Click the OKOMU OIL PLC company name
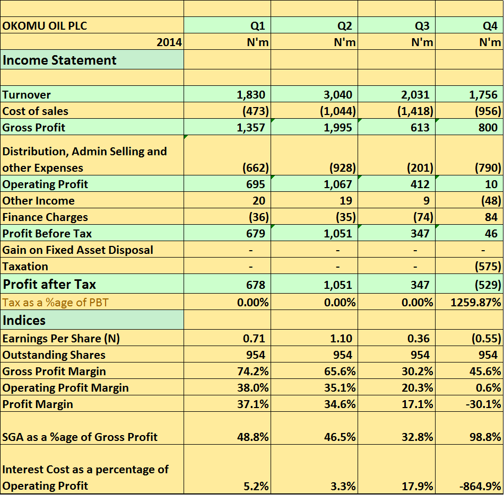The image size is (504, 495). click(45, 25)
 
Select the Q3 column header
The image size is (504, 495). click(422, 25)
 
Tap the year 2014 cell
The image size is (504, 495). click(169, 42)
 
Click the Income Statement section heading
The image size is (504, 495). click(59, 60)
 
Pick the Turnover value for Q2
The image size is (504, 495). click(338, 95)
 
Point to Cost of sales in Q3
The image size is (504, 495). click(415, 111)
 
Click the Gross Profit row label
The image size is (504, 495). click(34, 127)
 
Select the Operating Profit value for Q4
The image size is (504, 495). click(491, 184)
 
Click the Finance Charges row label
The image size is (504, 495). click(45, 217)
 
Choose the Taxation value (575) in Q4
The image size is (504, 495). click(488, 267)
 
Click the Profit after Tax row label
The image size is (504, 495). click(49, 285)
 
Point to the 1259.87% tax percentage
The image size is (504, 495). click(476, 303)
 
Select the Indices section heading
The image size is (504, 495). click(24, 320)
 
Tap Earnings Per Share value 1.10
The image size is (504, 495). click(341, 338)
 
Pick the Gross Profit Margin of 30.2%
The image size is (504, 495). click(417, 372)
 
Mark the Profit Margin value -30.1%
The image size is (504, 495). click(483, 404)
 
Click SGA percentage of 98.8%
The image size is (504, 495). click(485, 437)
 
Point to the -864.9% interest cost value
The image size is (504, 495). click(480, 487)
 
